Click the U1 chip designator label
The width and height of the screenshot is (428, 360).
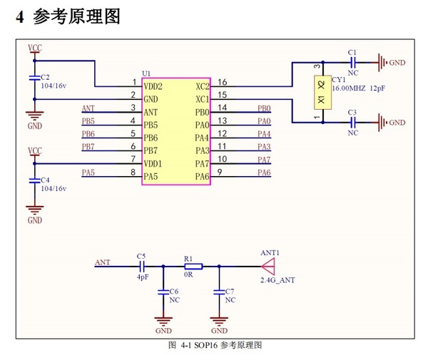pos(146,73)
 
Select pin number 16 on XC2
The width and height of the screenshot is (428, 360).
pos(223,82)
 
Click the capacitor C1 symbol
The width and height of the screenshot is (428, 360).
pos(352,63)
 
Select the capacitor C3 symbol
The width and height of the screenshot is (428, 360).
pos(352,123)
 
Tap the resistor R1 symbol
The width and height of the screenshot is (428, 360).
pos(193,267)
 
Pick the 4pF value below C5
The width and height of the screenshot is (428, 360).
pos(141,277)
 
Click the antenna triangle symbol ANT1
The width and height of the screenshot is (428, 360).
pos(268,267)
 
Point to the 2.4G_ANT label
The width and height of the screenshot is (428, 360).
pos(277,280)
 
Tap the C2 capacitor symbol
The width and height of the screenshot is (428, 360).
pos(34,78)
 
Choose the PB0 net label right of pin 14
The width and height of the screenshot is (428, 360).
pos(264,109)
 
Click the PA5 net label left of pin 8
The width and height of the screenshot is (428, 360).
pos(88,173)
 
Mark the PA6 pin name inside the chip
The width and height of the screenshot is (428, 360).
pos(202,176)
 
